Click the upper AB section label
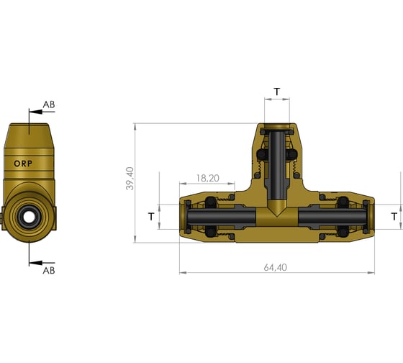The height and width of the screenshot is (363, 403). (49, 105)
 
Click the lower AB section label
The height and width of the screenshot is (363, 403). (49, 270)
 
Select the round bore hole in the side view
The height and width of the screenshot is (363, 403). (28, 215)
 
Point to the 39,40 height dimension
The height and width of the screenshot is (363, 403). (130, 179)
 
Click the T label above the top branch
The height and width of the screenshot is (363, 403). (277, 92)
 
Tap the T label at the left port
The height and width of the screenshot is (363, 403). (150, 216)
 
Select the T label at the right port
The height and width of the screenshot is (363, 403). (393, 216)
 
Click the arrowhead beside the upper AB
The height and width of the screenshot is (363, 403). (32, 112)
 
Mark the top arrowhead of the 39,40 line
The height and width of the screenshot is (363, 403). (135, 127)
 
